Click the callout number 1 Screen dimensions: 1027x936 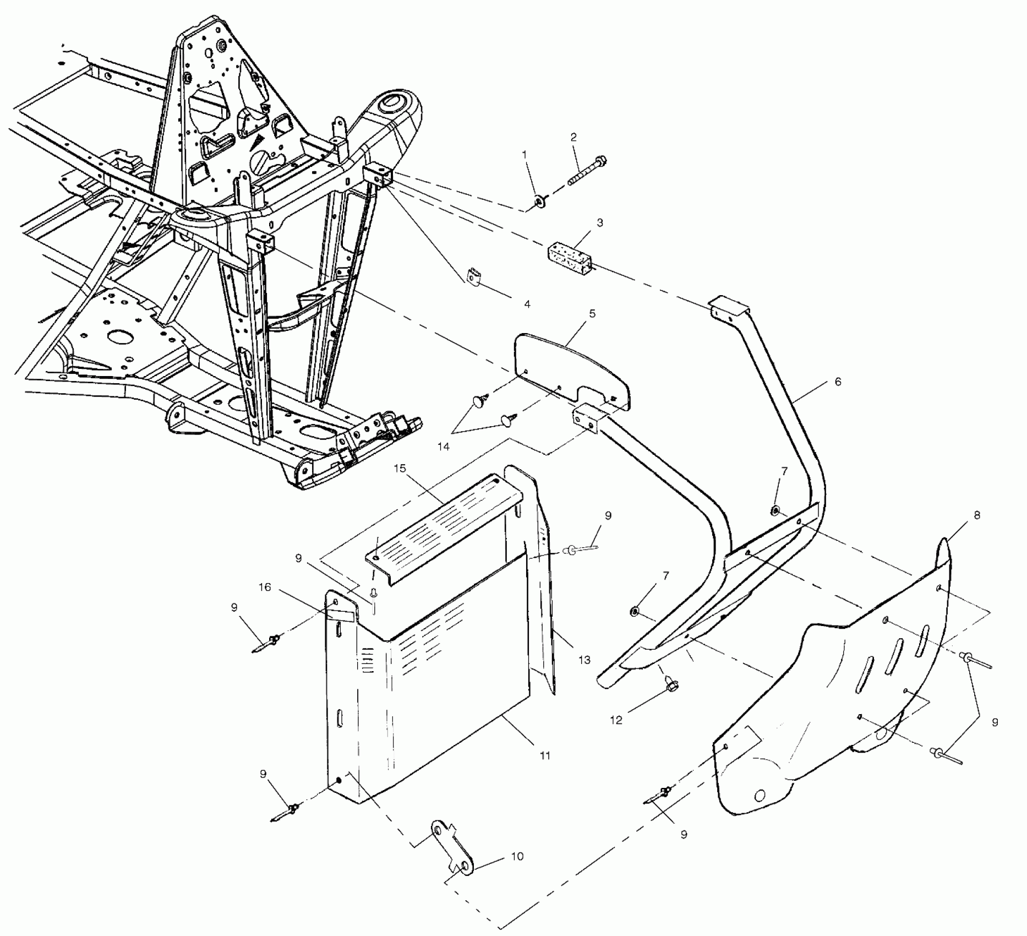point(524,155)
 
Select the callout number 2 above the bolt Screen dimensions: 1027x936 point(573,137)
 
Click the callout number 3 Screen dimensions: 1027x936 point(599,223)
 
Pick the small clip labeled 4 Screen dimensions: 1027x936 point(473,276)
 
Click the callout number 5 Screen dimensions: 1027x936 point(592,314)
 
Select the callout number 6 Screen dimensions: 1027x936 point(838,382)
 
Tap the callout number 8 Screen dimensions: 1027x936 point(976,516)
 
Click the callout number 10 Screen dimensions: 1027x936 point(517,857)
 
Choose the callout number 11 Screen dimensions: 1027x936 point(544,756)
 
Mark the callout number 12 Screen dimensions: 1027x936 point(616,720)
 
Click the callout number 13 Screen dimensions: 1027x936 point(584,660)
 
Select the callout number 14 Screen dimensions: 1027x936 point(444,447)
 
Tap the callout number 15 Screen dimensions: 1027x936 point(400,469)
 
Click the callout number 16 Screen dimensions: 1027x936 point(265,587)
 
